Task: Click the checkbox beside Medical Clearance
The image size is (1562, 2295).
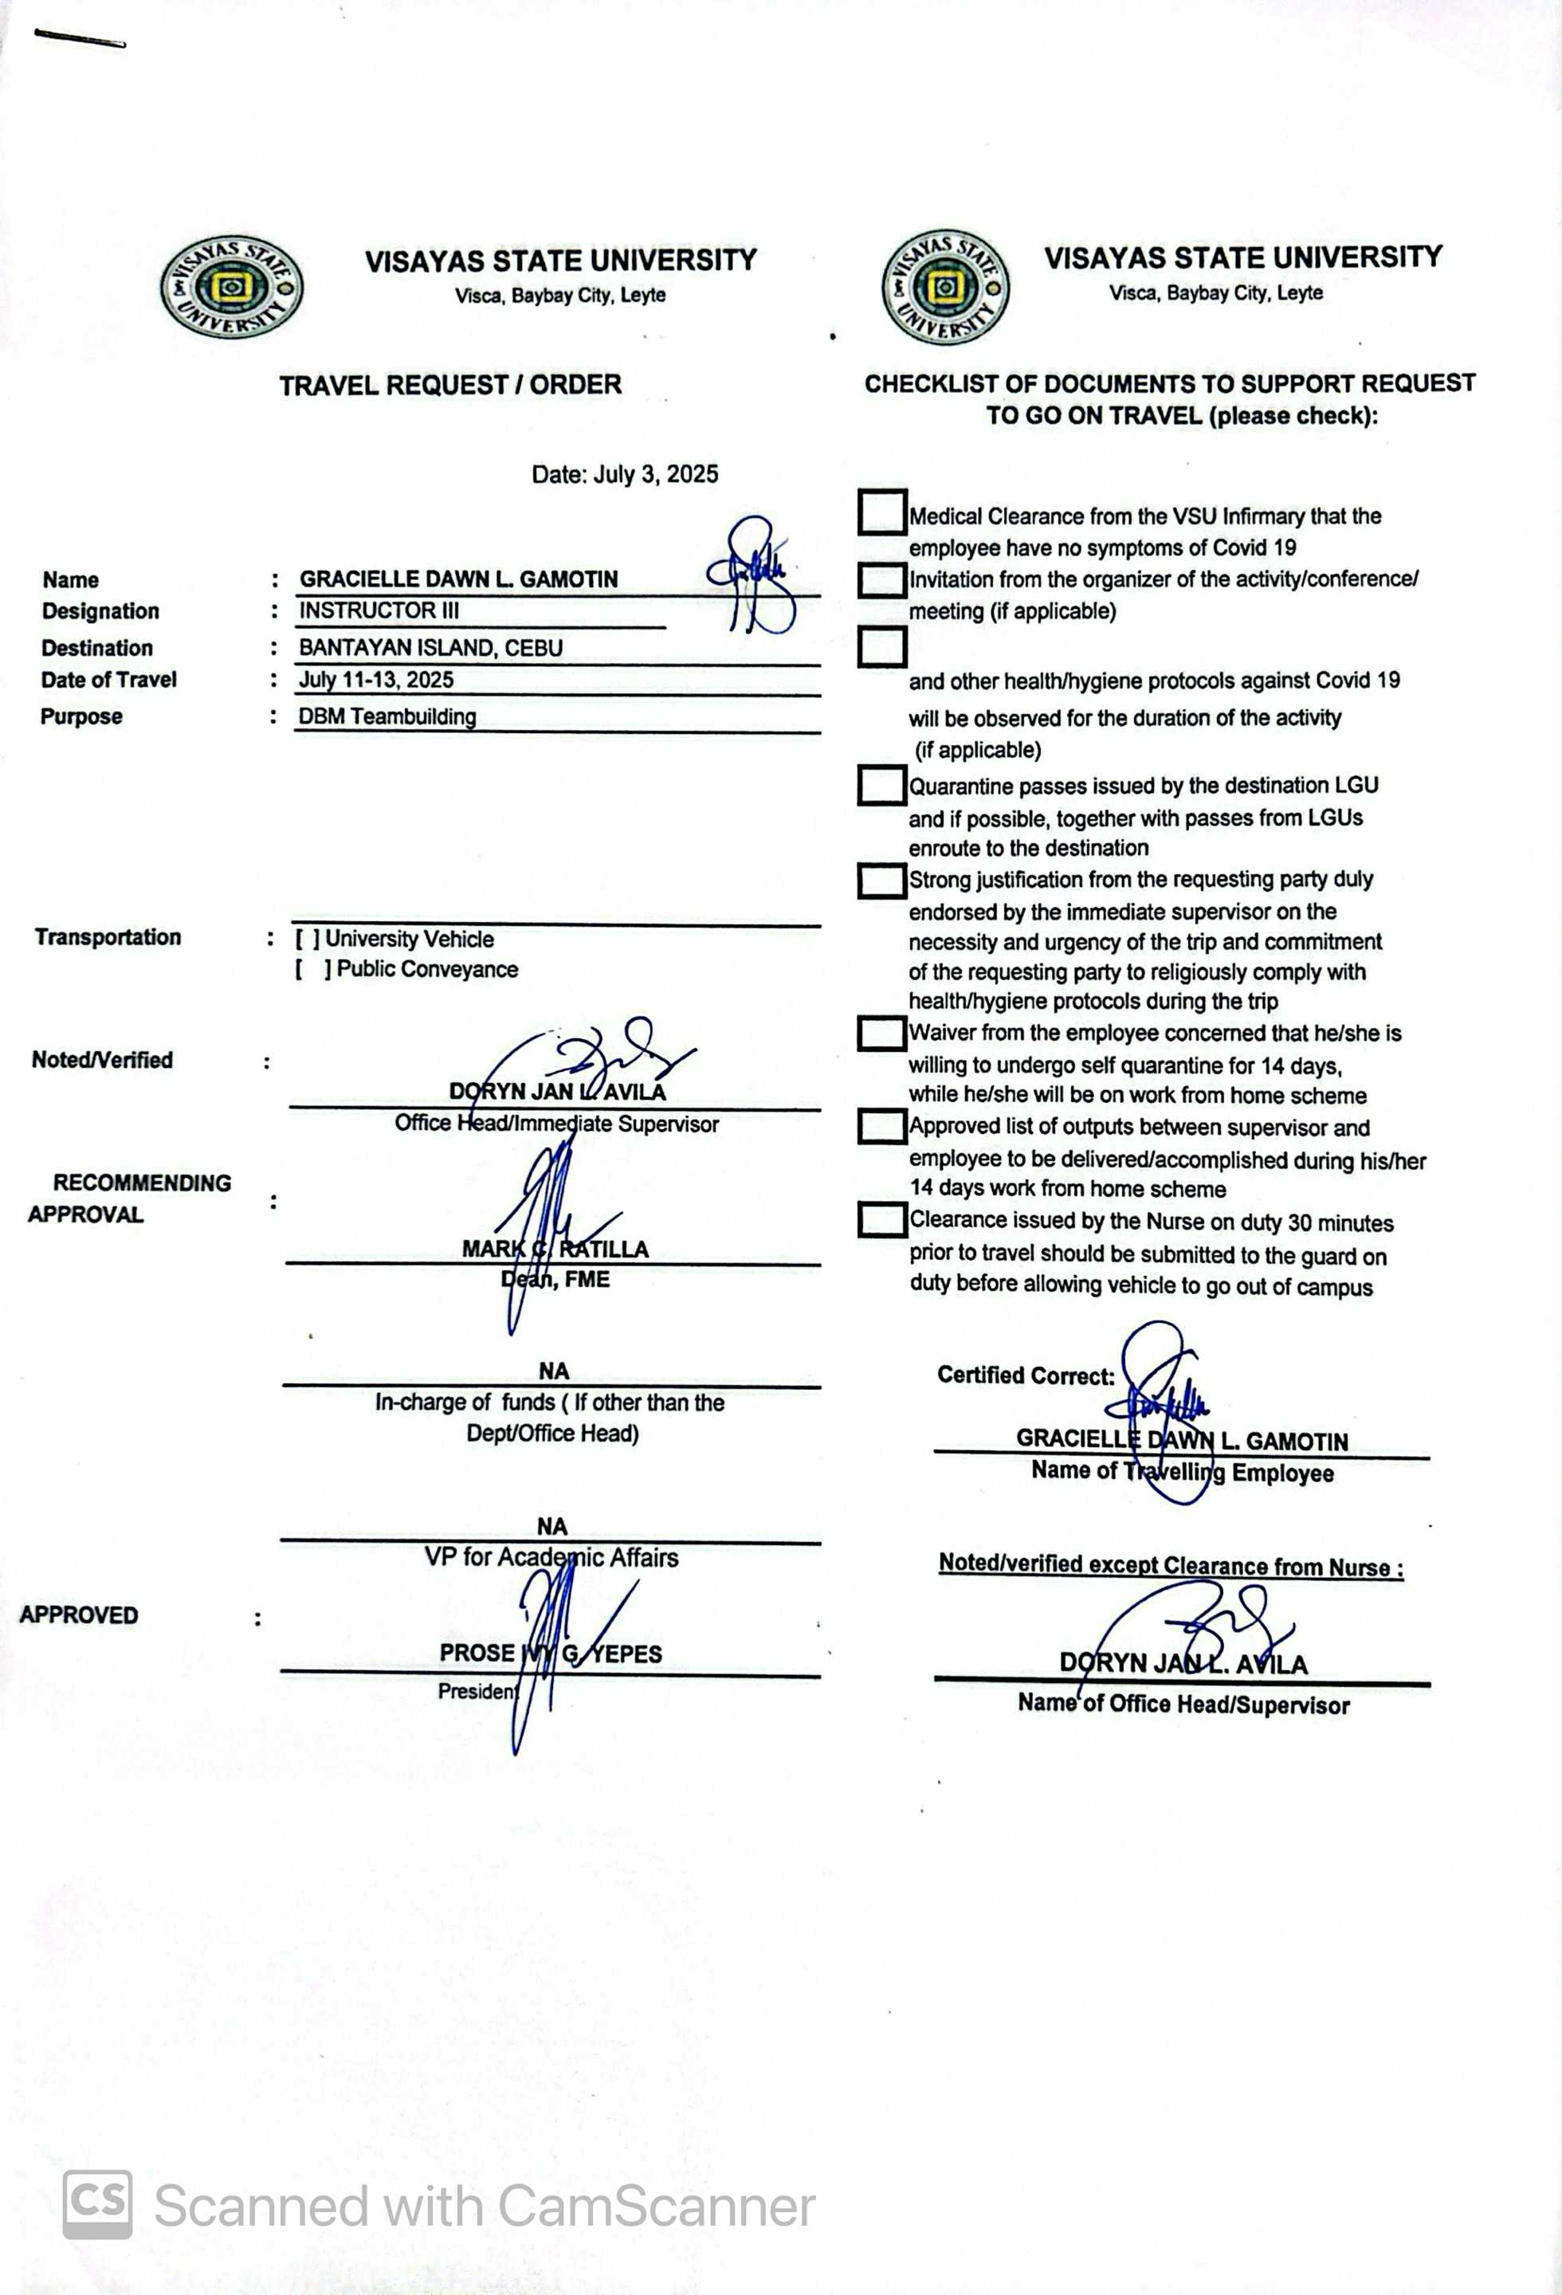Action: [881, 512]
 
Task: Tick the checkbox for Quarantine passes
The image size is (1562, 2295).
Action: [881, 785]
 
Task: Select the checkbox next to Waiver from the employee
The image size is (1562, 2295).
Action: [881, 1033]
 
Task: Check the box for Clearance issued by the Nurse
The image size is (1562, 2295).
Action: [881, 1219]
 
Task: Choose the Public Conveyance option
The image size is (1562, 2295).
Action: [312, 970]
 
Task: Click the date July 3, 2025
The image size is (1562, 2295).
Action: [624, 474]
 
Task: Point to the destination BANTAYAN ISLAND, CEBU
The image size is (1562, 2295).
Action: [430, 648]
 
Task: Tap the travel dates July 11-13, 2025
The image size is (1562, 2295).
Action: [376, 680]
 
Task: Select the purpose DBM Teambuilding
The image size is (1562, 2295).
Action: [387, 717]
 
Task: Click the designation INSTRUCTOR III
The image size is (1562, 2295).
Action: [379, 610]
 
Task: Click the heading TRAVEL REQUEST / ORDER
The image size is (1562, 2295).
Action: [449, 385]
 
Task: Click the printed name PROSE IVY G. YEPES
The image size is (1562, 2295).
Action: [550, 1653]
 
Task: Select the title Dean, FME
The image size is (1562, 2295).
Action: [555, 1280]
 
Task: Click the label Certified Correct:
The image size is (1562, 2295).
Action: [1026, 1375]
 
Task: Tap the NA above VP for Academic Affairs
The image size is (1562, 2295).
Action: [552, 1527]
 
